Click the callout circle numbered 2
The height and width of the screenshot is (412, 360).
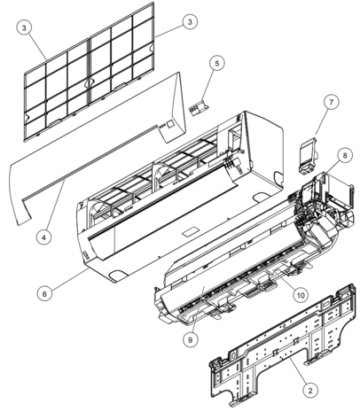pyautogui.click(x=310, y=391)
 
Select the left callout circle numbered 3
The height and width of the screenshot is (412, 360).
pyautogui.click(x=24, y=27)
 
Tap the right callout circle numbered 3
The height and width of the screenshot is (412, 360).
pyautogui.click(x=190, y=21)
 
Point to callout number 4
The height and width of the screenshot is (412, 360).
pyautogui.click(x=43, y=237)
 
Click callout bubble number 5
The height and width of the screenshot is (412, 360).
pyautogui.click(x=217, y=64)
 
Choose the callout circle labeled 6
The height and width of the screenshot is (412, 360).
pyautogui.click(x=44, y=293)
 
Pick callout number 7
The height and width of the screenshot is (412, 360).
pyautogui.click(x=331, y=102)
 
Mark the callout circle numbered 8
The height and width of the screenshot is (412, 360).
pyautogui.click(x=345, y=155)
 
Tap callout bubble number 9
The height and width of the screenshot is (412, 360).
pyautogui.click(x=190, y=340)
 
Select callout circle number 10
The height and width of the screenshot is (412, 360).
pyautogui.click(x=301, y=295)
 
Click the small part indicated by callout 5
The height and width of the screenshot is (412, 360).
pyautogui.click(x=199, y=108)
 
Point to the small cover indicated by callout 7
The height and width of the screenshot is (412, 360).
pyautogui.click(x=309, y=157)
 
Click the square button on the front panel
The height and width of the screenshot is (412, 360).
pyautogui.click(x=170, y=124)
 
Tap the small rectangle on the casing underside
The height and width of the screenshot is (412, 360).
pyautogui.click(x=190, y=231)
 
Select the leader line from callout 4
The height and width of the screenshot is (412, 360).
pyautogui.click(x=55, y=206)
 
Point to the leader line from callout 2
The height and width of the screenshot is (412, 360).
pyautogui.click(x=299, y=370)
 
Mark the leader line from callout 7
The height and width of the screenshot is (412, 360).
pyautogui.click(x=322, y=122)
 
